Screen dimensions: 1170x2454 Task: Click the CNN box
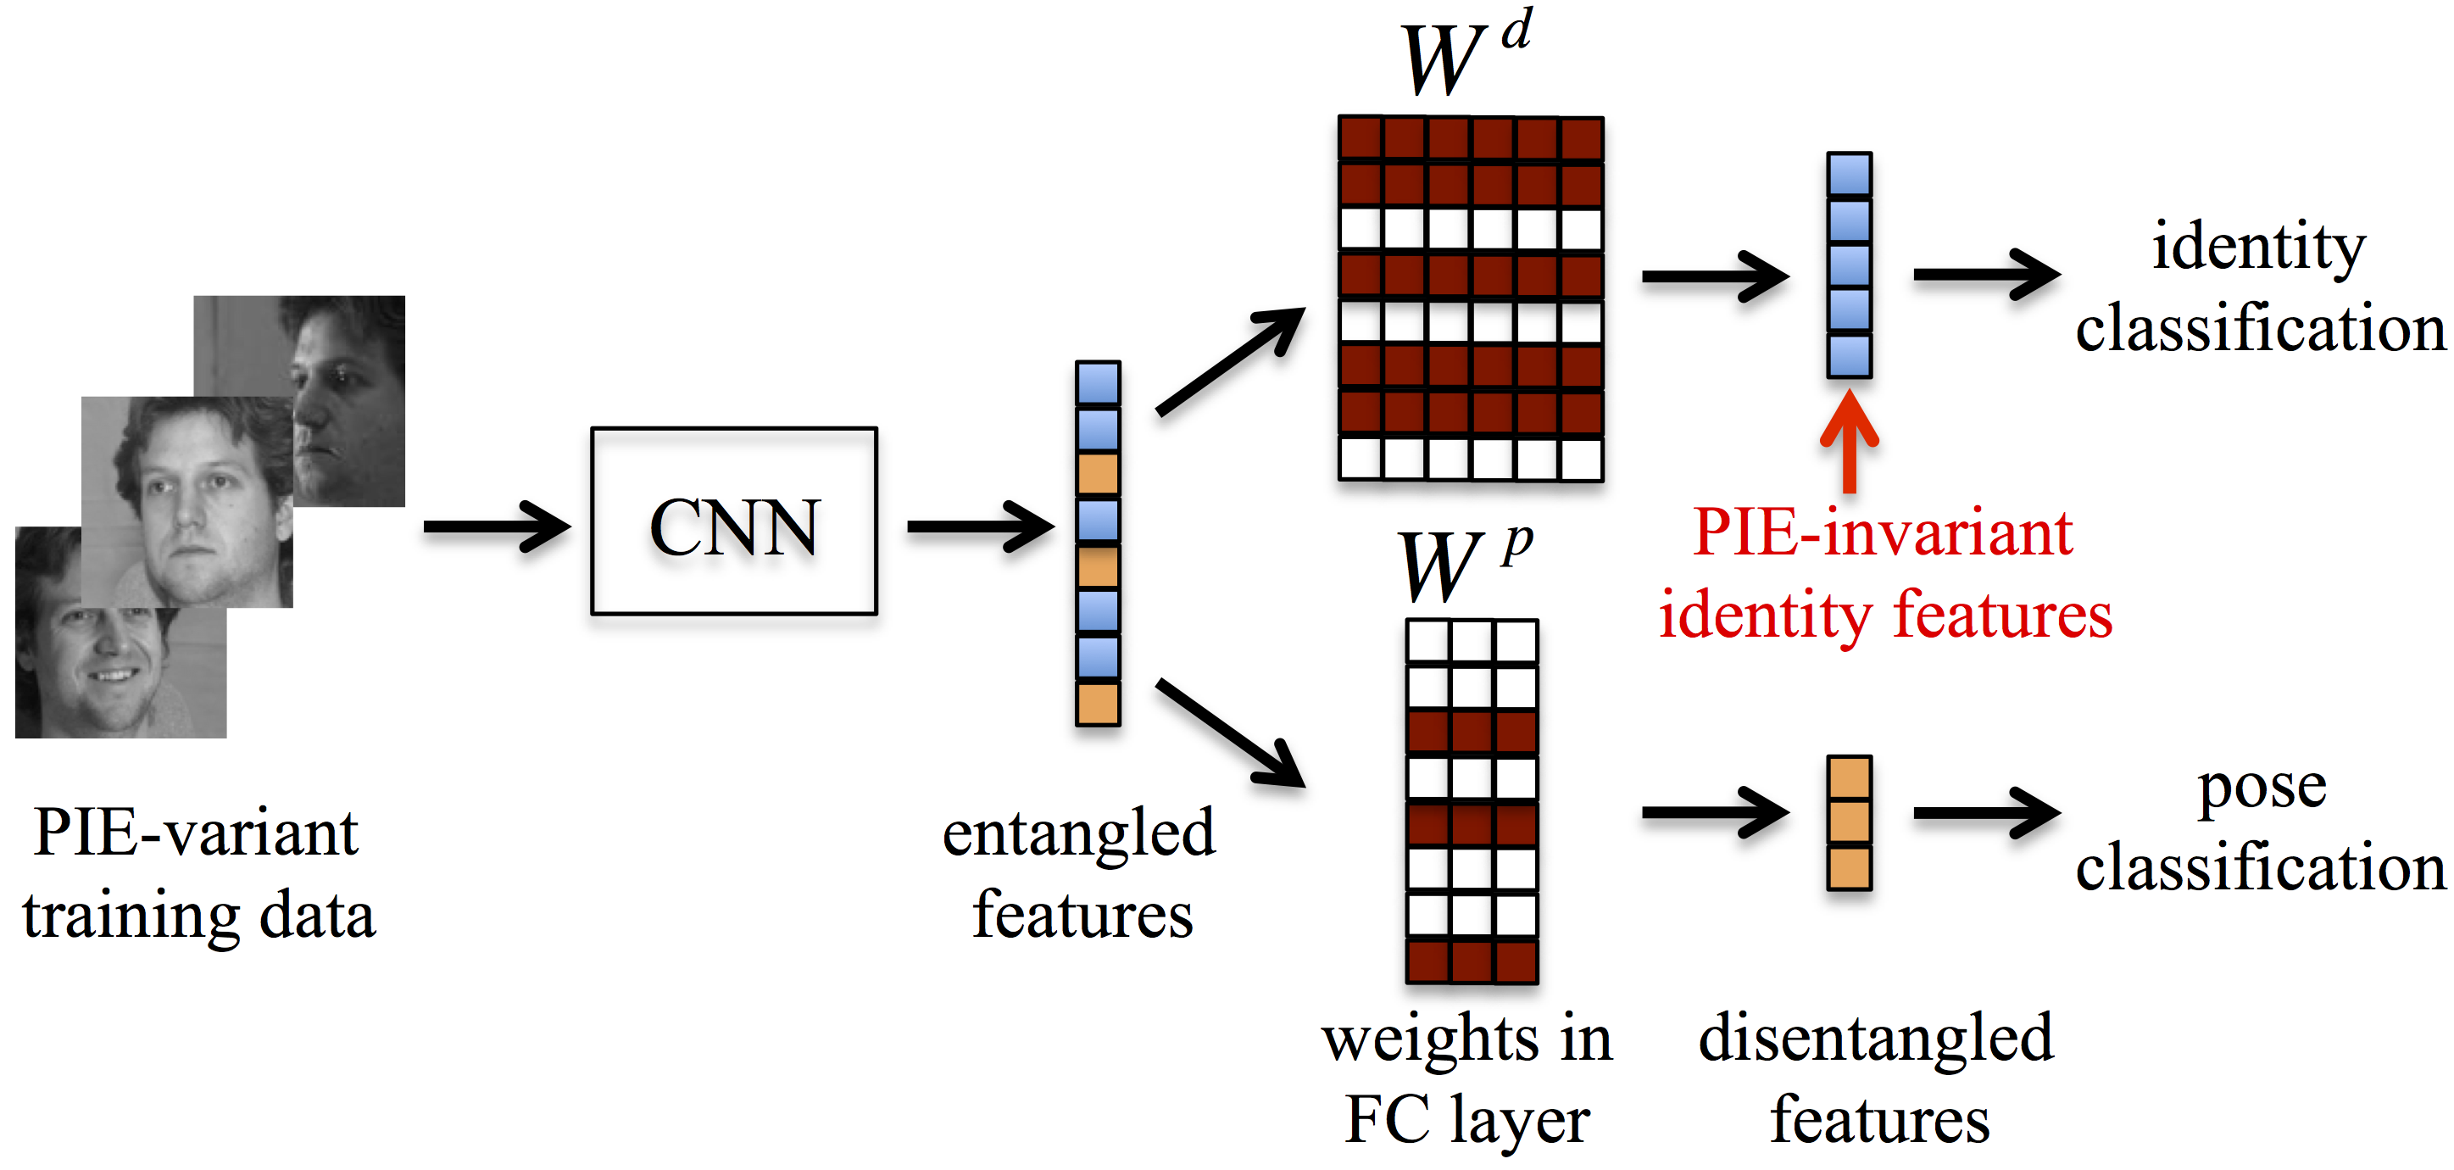pos(733,522)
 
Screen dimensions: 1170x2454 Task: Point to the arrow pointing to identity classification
pos(1986,275)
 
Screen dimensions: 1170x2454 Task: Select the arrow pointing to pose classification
pos(1986,813)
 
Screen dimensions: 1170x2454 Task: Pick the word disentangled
pos(1875,1039)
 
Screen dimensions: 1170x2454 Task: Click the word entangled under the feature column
pos(1078,833)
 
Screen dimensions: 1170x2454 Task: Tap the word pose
pos(2262,788)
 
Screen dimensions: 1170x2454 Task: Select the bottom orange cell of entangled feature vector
pos(1098,704)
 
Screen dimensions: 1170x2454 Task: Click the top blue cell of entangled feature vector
pos(1098,384)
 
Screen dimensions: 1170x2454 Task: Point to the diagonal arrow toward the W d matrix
pos(1229,362)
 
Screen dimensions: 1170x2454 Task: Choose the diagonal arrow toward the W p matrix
pos(1229,733)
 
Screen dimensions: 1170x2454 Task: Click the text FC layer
pos(1467,1119)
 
